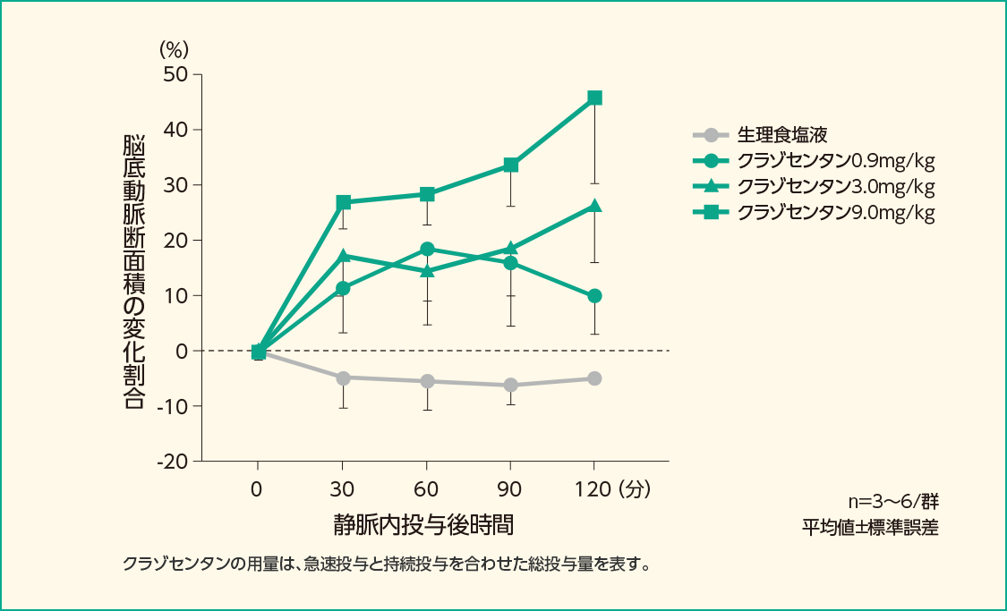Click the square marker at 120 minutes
[594, 98]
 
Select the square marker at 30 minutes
[342, 202]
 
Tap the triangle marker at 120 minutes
[594, 207]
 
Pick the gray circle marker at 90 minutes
[510, 385]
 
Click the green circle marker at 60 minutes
[427, 249]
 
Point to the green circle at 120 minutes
[594, 296]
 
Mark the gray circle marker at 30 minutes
[342, 378]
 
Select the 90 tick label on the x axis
[510, 489]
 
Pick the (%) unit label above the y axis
[175, 47]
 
